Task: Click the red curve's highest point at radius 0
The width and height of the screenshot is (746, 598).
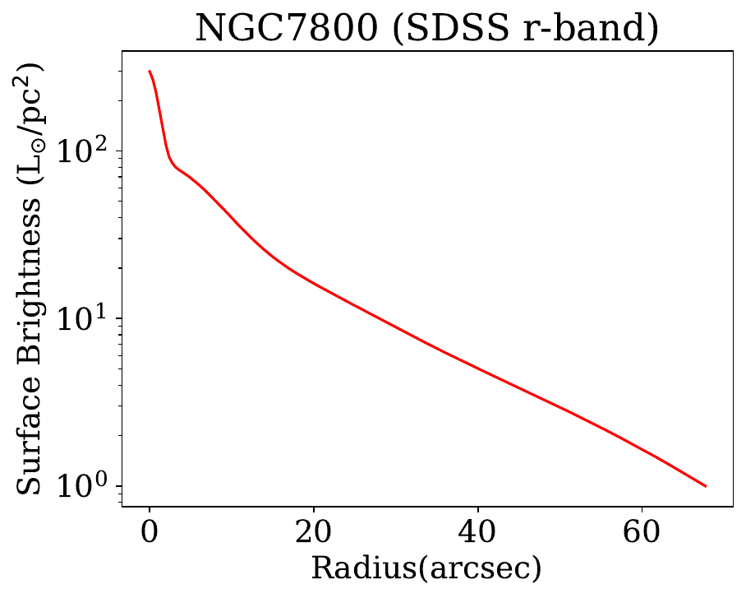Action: (150, 72)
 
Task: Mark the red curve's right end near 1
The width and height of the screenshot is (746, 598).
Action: (706, 486)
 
